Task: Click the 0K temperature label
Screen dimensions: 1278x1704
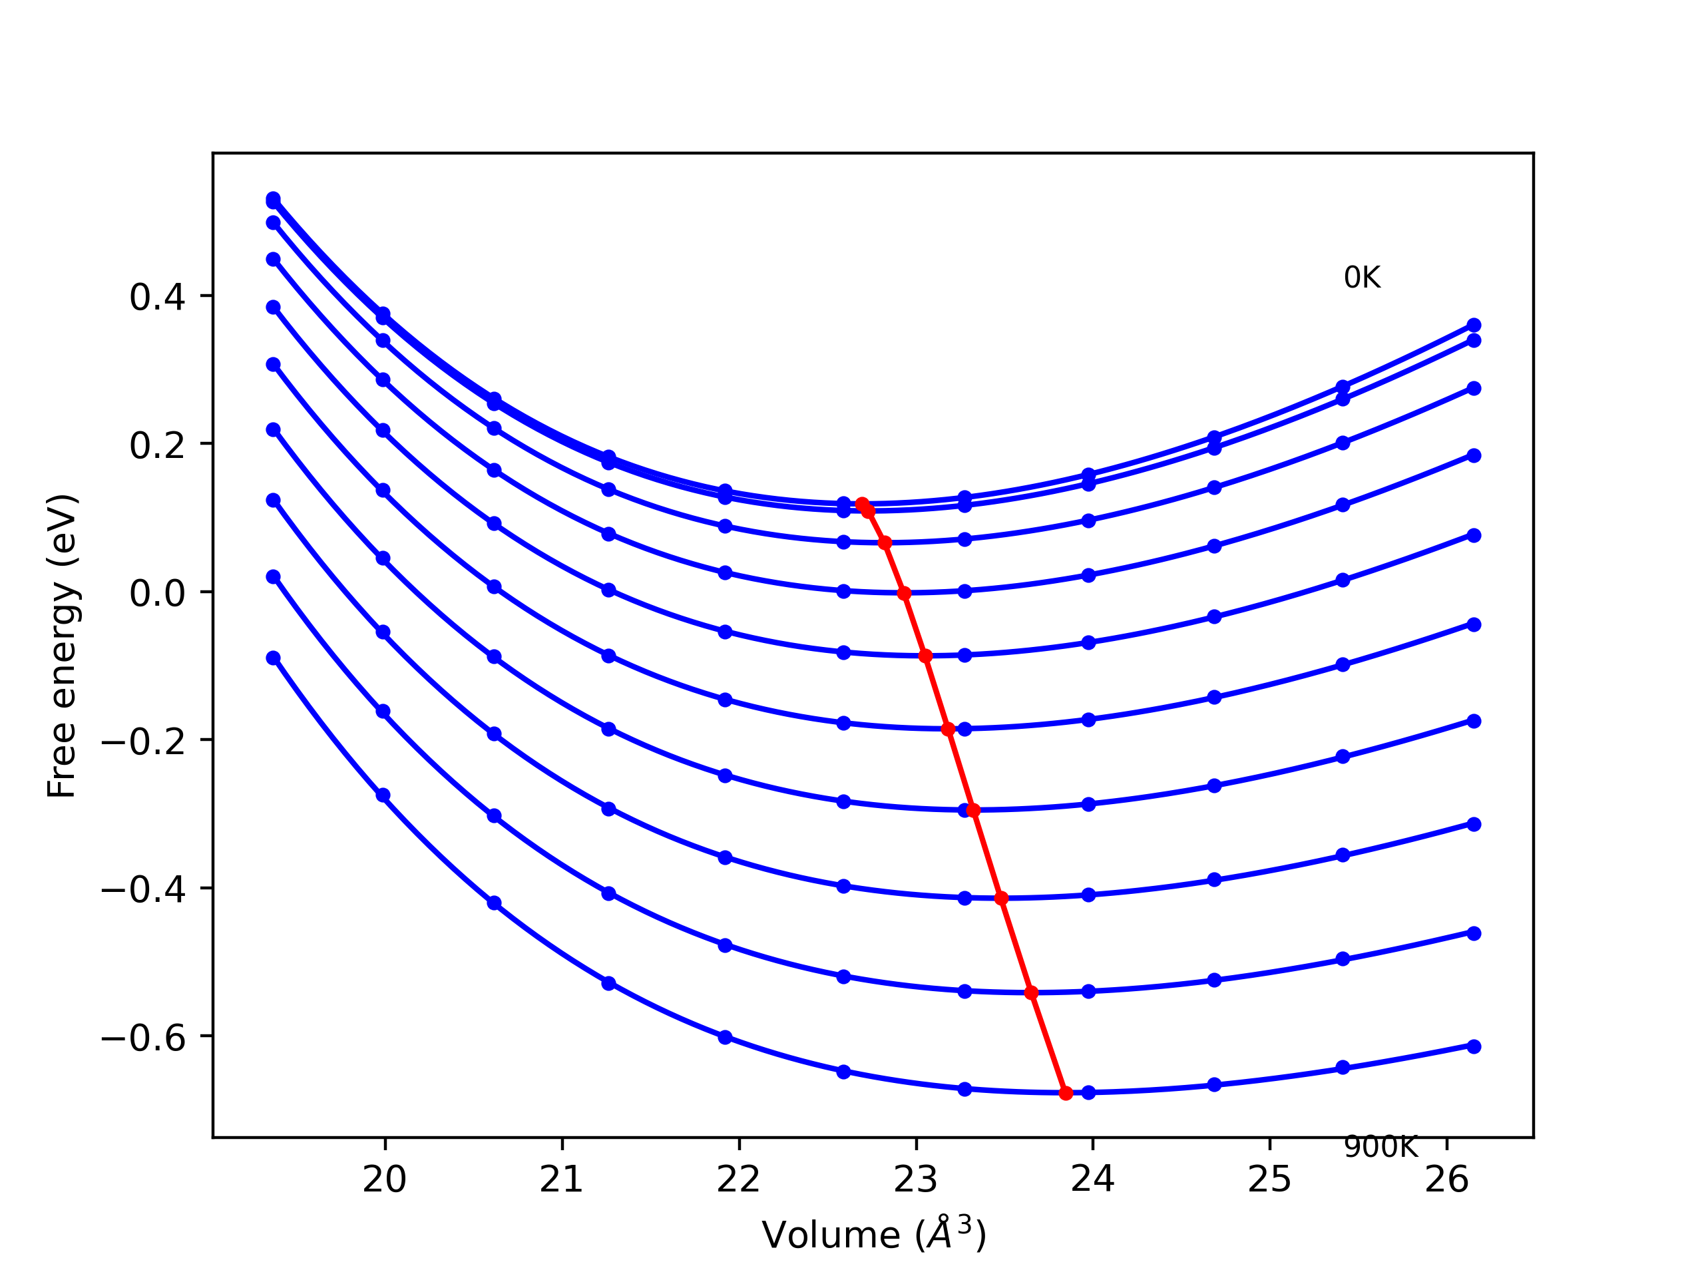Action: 1362,278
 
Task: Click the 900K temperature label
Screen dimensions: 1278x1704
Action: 1381,1148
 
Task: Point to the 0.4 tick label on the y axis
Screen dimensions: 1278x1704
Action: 157,298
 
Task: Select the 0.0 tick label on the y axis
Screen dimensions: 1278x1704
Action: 157,594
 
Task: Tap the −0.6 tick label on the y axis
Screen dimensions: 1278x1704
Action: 143,1038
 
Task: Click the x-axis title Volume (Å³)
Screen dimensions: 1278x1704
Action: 873,1235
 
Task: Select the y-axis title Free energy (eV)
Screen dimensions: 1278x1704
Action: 62,646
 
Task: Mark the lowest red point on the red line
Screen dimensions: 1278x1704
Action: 1066,1093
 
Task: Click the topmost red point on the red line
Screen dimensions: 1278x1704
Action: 862,504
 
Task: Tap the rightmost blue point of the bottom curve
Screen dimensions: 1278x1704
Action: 1474,1046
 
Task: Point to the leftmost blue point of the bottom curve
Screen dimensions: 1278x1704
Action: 274,658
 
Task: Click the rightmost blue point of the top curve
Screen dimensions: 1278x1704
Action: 1474,325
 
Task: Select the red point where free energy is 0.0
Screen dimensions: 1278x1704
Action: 905,594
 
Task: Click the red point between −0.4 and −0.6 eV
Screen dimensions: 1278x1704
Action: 1032,993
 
